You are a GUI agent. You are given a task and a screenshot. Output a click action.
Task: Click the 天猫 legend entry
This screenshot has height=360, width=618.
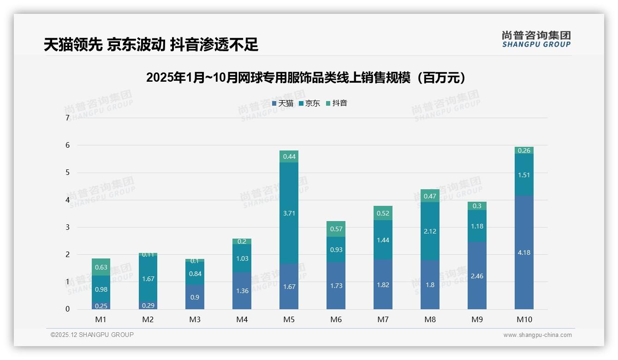point(283,103)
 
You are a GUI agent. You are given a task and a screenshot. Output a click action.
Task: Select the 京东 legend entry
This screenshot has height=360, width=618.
point(309,103)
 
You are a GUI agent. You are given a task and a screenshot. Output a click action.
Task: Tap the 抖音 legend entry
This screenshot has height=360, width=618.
point(337,103)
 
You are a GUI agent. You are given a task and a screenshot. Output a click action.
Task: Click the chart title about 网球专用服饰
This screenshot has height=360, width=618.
point(309,78)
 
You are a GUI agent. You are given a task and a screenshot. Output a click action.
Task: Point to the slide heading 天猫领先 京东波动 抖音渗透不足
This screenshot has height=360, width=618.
point(151,44)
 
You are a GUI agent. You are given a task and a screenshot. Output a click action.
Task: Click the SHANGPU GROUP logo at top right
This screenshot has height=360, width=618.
point(536,39)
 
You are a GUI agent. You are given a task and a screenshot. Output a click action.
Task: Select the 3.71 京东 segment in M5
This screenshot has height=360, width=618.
point(289,213)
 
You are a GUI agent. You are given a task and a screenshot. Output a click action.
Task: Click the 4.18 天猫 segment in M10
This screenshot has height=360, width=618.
point(524,252)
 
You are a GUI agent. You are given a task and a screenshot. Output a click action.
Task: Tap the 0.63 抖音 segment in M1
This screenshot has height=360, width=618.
point(101,267)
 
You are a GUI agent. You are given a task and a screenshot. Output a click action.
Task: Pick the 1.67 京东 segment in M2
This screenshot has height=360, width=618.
point(148,279)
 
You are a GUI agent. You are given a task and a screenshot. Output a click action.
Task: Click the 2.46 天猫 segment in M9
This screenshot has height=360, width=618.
point(477,276)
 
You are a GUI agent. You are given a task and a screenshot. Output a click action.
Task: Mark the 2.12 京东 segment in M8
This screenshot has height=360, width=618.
point(430,231)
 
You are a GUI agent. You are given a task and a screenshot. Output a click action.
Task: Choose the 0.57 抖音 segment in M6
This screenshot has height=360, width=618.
point(336,229)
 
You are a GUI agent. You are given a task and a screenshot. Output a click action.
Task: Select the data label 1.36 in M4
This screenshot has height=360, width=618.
point(242,291)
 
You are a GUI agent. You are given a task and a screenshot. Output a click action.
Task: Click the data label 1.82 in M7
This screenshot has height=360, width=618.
point(383,285)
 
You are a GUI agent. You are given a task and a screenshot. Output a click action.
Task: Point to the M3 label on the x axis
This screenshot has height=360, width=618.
point(195,319)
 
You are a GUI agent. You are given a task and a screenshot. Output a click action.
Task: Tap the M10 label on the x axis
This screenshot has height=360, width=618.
point(524,319)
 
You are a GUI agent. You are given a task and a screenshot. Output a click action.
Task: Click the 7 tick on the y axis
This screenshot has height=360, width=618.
point(67,118)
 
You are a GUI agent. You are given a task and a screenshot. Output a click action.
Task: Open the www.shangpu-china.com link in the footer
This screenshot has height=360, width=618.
point(537,335)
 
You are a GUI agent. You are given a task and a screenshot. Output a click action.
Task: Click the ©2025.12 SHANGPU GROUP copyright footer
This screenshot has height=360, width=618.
point(92,335)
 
